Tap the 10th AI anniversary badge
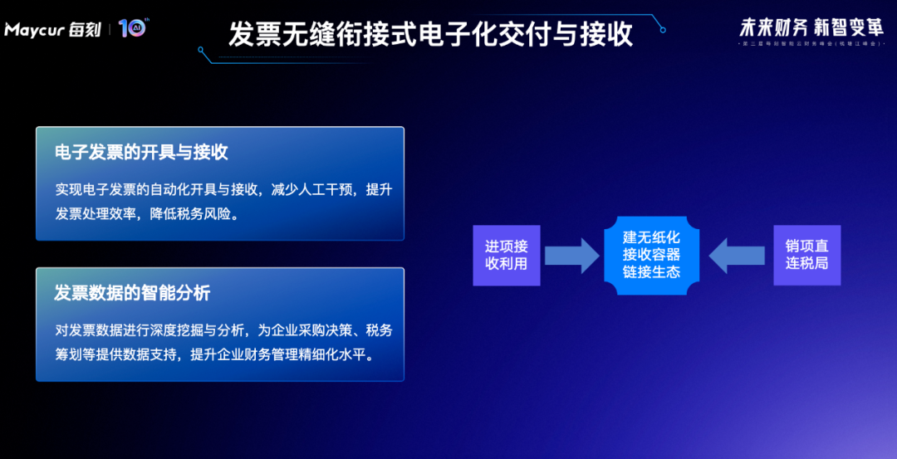tap(132, 28)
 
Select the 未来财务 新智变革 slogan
tap(811, 27)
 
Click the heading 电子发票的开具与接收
tap(141, 152)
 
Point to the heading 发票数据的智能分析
tap(132, 293)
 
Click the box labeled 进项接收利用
tap(507, 255)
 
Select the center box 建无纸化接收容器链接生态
tap(651, 255)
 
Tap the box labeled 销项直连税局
tap(807, 255)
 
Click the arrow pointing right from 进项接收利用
tap(572, 255)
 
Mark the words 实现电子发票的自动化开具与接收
tap(159, 189)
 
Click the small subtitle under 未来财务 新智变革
tap(811, 42)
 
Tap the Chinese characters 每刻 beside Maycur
tap(84, 30)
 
